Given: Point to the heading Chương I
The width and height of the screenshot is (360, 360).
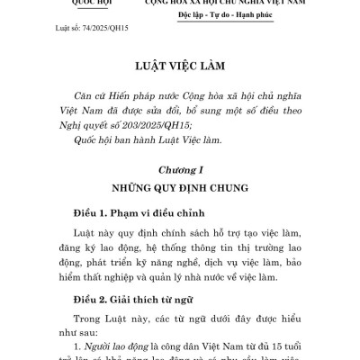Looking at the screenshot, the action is (179, 169).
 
